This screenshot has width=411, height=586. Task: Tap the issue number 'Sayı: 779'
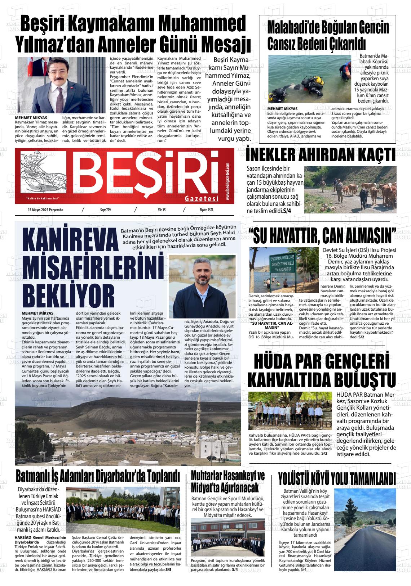pos(105,210)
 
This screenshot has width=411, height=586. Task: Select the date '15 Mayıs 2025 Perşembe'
pos(45,210)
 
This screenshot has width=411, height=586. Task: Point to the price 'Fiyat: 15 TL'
pos(207,210)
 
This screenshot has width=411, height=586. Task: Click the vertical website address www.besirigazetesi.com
pos(228,181)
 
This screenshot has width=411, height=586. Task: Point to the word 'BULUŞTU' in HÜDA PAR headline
pos(364,380)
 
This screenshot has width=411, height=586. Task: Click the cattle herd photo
pos(350,189)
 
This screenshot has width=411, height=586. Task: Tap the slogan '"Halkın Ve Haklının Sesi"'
pos(43,198)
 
